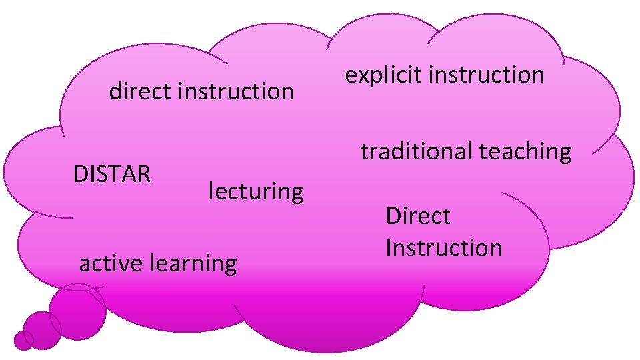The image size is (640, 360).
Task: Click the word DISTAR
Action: [112, 174]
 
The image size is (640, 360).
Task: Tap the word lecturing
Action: [256, 192]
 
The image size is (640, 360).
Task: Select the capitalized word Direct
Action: [418, 216]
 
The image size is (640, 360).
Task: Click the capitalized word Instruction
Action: [444, 248]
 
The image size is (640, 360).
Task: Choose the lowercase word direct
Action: [141, 91]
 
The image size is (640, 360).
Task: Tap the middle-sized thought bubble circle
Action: [43, 329]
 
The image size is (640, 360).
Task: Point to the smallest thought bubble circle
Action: [23, 340]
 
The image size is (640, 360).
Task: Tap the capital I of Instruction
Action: [389, 248]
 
